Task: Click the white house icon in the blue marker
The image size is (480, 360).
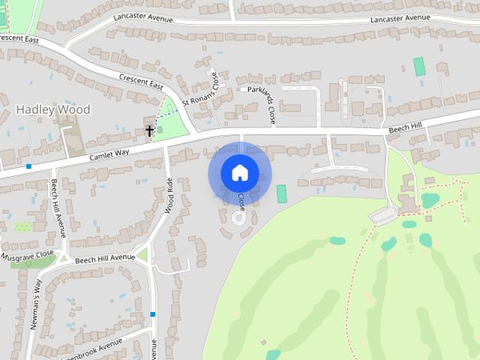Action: [239, 172]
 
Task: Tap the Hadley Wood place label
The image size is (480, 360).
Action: [53, 109]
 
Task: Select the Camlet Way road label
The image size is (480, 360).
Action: [109, 152]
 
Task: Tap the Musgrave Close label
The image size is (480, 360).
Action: [28, 256]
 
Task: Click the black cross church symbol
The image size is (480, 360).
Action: [149, 130]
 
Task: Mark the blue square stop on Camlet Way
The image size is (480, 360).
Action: [28, 166]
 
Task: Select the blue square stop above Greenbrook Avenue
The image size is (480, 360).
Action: [153, 313]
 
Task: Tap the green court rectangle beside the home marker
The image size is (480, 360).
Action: [282, 193]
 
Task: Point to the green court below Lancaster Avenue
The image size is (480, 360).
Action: [419, 66]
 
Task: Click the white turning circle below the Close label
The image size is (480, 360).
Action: [238, 218]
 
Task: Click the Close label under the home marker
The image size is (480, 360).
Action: [241, 201]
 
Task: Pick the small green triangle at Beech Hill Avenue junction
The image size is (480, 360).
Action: [142, 254]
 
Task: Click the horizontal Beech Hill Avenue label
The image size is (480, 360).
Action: [105, 256]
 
